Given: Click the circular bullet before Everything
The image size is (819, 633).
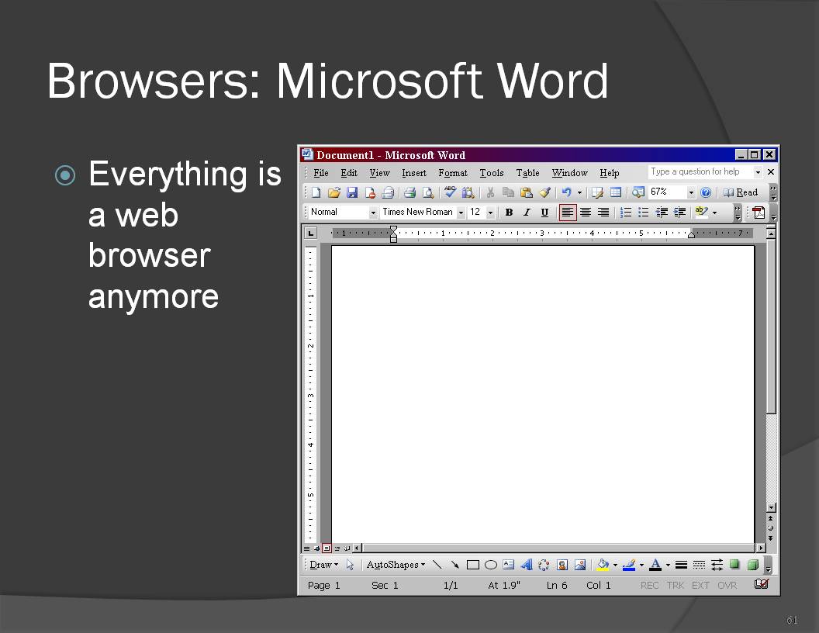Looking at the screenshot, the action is pyautogui.click(x=65, y=175).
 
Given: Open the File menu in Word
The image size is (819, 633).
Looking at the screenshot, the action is pyautogui.click(x=321, y=173).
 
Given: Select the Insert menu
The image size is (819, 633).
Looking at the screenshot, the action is pyautogui.click(x=413, y=173).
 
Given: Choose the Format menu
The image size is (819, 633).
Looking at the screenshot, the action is pyautogui.click(x=453, y=173).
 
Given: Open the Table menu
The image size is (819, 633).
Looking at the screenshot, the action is pyautogui.click(x=527, y=173).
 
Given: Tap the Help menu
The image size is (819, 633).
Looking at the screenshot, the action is pyautogui.click(x=609, y=173).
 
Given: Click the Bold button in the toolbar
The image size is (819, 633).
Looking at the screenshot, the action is pyautogui.click(x=509, y=212).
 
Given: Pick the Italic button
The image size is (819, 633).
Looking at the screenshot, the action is pyautogui.click(x=527, y=212).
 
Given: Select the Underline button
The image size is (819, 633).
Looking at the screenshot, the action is pyautogui.click(x=544, y=212).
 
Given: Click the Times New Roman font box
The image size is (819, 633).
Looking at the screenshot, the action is pyautogui.click(x=422, y=212).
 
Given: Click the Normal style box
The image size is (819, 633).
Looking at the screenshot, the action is pyautogui.click(x=343, y=212).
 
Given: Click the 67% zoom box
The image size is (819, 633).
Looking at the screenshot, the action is pyautogui.click(x=671, y=192).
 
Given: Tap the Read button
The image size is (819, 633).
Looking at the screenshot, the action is pyautogui.click(x=740, y=192).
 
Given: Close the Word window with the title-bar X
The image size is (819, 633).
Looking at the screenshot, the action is pyautogui.click(x=769, y=154).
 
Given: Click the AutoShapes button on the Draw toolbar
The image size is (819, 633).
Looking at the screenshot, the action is pyautogui.click(x=396, y=565).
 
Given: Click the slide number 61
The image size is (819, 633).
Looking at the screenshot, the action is pyautogui.click(x=792, y=620).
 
